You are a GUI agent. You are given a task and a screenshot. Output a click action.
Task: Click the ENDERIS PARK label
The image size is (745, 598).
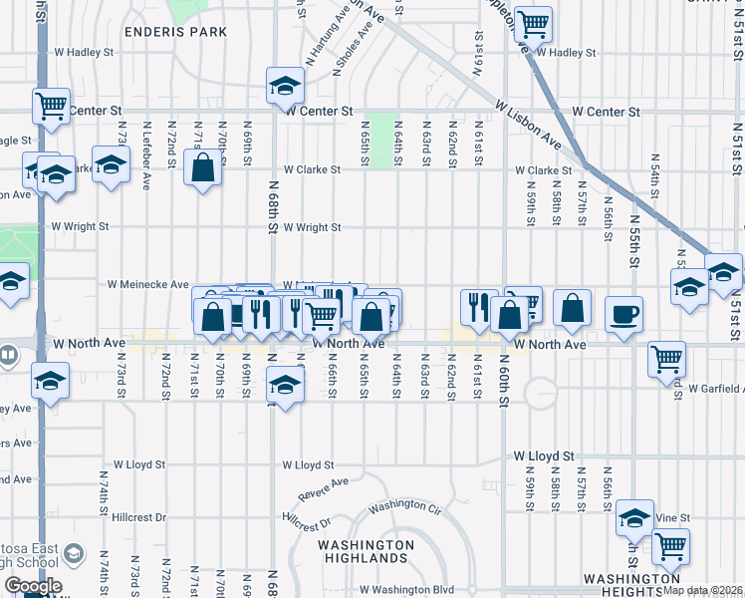(176, 32)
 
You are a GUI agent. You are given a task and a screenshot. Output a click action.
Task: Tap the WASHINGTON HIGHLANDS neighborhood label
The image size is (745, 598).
(366, 553)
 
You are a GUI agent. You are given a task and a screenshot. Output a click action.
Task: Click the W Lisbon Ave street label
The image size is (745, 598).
(526, 124)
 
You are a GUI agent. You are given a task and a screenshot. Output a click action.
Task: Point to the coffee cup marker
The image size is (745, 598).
(623, 315)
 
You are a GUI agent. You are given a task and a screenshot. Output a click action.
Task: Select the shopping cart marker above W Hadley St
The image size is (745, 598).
(534, 22)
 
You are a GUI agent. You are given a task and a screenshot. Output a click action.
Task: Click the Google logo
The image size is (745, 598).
(33, 585)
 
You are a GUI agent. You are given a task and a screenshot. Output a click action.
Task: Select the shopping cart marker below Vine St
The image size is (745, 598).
(671, 545)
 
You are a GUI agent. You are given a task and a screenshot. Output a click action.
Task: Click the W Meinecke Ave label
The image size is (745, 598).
(149, 284)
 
